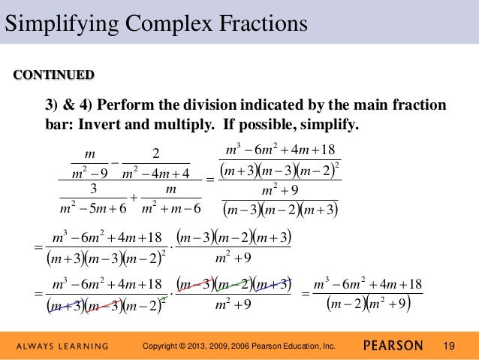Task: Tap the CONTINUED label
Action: (x=52, y=74)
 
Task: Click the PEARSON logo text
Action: (x=393, y=346)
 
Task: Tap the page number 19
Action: (x=450, y=346)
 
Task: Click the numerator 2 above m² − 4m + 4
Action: (x=155, y=154)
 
